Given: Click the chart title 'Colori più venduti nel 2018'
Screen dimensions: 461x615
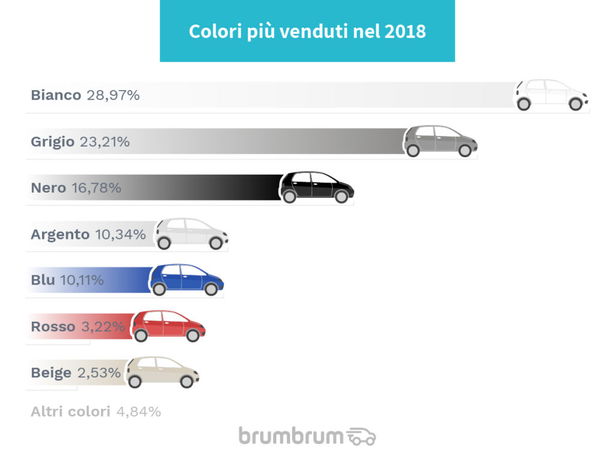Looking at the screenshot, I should [x=307, y=31].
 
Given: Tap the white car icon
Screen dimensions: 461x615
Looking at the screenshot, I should [x=551, y=95].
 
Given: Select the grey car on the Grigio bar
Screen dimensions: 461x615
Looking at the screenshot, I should [x=440, y=141].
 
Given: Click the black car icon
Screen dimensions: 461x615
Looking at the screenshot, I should [x=317, y=187].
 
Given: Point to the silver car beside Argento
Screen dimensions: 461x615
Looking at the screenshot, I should [x=191, y=234].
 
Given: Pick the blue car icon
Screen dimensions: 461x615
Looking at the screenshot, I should [x=186, y=280].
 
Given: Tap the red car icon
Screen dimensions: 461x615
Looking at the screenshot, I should [x=168, y=326].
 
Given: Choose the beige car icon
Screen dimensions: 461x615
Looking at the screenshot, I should [x=162, y=372].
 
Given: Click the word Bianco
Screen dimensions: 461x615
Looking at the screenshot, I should [x=56, y=95].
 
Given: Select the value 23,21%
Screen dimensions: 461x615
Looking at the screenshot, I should [x=105, y=142].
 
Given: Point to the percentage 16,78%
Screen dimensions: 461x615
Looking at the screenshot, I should [x=96, y=188].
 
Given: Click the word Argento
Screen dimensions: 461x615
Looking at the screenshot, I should [x=60, y=234].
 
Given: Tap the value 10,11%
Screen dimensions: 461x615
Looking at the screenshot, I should [x=82, y=280].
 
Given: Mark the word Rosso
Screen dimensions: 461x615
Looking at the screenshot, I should [x=53, y=327].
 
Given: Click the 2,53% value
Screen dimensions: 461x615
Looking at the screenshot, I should [x=99, y=373].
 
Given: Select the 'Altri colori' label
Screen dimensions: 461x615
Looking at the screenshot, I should [x=70, y=412].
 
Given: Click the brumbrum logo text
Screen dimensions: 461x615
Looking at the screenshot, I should [x=291, y=435].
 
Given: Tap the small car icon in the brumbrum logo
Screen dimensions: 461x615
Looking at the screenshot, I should [x=362, y=436].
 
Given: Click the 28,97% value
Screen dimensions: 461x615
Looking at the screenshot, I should [x=113, y=95].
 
